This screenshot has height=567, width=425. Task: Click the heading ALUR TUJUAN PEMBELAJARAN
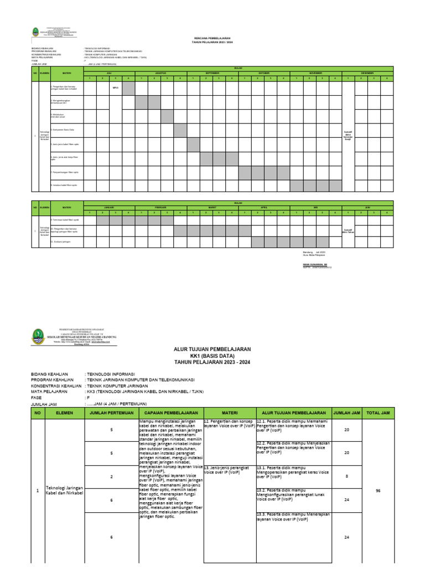(212, 349)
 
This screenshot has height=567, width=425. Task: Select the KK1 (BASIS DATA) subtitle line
(212, 356)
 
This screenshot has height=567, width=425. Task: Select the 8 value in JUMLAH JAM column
(347, 476)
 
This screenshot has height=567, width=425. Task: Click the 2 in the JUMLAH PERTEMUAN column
(111, 476)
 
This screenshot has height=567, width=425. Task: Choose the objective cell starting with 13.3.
(293, 517)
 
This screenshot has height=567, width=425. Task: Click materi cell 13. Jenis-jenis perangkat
(229, 470)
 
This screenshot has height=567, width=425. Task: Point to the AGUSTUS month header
(161, 73)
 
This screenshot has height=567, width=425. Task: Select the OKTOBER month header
(264, 73)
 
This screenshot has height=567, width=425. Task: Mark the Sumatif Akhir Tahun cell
(348, 230)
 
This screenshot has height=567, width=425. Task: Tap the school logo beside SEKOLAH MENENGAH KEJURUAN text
(38, 336)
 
